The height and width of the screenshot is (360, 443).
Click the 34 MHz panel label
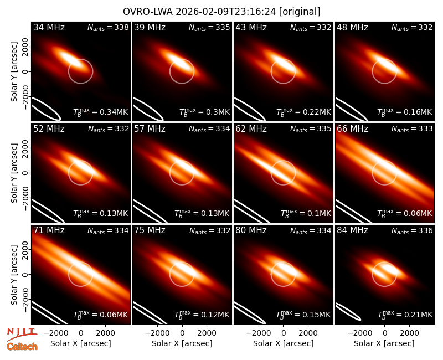49,27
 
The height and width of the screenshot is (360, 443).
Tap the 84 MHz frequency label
352,230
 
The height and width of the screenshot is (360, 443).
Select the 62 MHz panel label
251,129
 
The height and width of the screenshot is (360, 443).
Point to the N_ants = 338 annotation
108,27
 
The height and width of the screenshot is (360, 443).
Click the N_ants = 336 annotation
412,230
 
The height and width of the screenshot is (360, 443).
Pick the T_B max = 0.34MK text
101,112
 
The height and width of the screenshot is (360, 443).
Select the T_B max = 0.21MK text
405,314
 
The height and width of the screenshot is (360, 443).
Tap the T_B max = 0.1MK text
306,213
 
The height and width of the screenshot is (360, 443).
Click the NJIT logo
22,334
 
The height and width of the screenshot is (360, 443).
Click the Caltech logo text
22,347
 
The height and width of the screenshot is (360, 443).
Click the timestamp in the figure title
226,12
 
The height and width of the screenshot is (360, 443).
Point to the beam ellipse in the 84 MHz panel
348,312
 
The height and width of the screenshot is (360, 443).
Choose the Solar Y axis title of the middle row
14,173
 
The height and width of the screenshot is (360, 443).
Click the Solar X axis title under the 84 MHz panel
384,343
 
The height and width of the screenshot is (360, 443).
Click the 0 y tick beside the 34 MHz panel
26,71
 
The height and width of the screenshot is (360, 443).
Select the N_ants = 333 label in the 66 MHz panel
412,129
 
